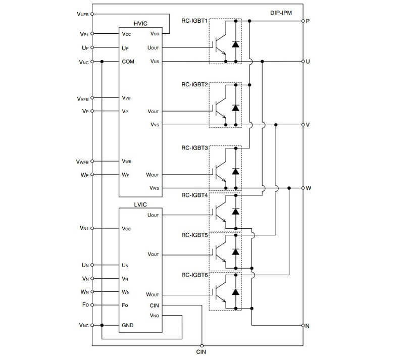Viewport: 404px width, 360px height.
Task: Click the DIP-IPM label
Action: coord(281,13)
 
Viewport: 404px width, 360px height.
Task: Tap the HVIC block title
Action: coord(140,24)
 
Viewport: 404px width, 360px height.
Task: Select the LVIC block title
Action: coord(140,204)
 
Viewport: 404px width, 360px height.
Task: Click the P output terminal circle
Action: coord(303,21)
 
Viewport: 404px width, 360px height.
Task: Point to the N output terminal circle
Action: coord(303,325)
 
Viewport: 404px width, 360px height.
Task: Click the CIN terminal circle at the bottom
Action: coord(201,345)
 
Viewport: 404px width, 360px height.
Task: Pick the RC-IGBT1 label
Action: coord(194,21)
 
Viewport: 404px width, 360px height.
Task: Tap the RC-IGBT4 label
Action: coord(194,195)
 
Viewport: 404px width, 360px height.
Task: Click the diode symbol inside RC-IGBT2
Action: coord(235,108)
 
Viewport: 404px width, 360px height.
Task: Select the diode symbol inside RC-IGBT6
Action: coord(235,292)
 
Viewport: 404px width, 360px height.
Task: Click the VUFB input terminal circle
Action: coord(92,14)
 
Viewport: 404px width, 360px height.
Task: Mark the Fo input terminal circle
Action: coord(92,305)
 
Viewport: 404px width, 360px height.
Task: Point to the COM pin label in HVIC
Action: coord(128,62)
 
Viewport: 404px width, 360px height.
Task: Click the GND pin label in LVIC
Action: coord(128,325)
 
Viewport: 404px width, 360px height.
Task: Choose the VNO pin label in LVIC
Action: coord(155,316)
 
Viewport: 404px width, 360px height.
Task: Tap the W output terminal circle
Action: coord(303,188)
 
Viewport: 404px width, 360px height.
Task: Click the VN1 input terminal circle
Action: coord(92,228)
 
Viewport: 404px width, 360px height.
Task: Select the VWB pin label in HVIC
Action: coord(127,161)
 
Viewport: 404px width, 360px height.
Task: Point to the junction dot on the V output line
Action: coord(276,125)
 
